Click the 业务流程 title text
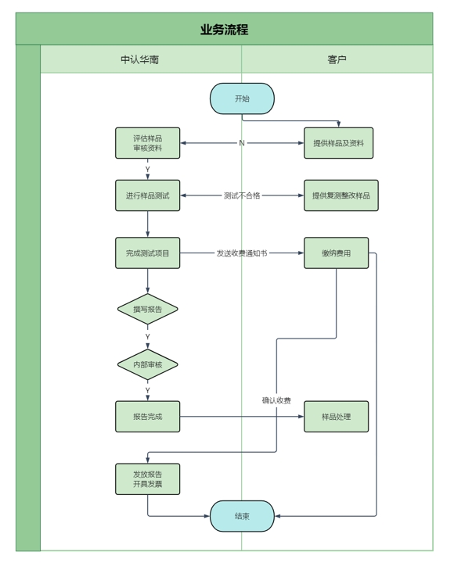point(224,30)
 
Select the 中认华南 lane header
point(140,59)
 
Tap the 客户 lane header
point(337,59)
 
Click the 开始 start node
point(242,99)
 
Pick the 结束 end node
point(242,516)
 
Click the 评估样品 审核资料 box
point(148,143)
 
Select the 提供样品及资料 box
point(339,143)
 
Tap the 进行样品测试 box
point(148,195)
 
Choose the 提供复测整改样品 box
point(341,195)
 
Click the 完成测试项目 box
point(148,253)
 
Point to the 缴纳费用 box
point(336,253)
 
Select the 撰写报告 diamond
point(148,309)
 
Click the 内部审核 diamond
point(148,364)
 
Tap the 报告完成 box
point(148,417)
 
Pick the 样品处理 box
point(336,417)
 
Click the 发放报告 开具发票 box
point(148,479)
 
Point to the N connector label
point(242,143)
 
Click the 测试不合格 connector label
point(242,195)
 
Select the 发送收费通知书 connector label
point(242,253)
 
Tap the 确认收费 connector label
point(276,400)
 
